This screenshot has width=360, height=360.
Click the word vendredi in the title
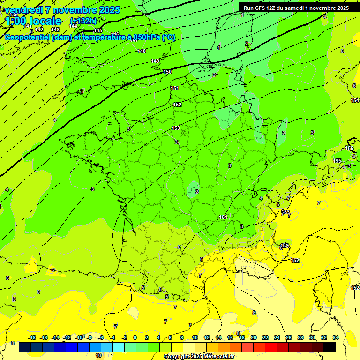24,10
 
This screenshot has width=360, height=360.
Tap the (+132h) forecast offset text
83,21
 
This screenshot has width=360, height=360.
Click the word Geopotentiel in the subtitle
27,37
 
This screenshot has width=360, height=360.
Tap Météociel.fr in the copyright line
217,357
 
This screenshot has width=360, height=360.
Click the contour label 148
142,51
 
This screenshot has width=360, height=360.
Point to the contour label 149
155,61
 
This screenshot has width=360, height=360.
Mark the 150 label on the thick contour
167,72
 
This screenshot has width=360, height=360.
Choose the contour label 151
175,88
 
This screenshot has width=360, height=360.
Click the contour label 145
98,30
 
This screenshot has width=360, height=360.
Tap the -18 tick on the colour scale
32,337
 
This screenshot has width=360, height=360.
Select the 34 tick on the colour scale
336,337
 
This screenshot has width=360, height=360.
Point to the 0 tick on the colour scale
135,337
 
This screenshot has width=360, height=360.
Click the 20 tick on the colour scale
253,337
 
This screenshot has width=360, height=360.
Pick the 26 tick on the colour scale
288,337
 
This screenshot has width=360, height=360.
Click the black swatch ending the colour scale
330,347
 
